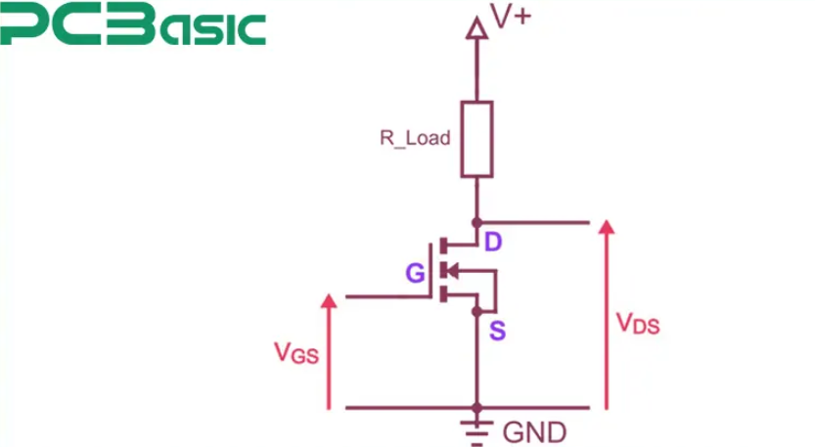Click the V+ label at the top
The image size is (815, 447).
[x=511, y=18]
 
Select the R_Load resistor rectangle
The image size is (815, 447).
[x=476, y=138]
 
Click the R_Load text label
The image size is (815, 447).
[x=415, y=138]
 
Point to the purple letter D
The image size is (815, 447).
[x=493, y=242]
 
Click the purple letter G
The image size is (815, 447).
[x=416, y=275]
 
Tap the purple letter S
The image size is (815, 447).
[x=497, y=331]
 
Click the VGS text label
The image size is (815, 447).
[x=295, y=353]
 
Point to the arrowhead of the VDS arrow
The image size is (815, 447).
[x=607, y=229]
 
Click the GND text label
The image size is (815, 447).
[x=534, y=431]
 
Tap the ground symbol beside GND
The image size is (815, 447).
[x=476, y=427]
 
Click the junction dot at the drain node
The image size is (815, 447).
[x=476, y=222]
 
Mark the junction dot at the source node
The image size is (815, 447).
[x=476, y=312]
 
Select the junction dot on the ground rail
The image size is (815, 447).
[x=476, y=407]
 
